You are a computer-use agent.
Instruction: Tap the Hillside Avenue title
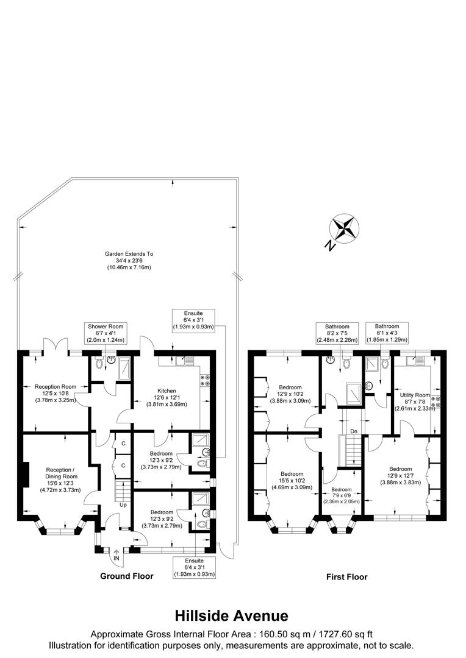point(232,615)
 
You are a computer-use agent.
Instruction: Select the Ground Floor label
point(127,576)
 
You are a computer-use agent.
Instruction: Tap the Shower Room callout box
point(106,334)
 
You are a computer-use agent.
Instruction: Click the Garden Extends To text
point(129,260)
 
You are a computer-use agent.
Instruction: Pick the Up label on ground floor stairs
point(123,505)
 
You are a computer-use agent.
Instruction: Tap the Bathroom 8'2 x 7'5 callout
point(337,333)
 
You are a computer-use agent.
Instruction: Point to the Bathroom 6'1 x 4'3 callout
point(387,333)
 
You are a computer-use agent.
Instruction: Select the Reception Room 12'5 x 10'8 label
point(56,393)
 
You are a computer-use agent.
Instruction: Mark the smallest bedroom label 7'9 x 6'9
point(342,496)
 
